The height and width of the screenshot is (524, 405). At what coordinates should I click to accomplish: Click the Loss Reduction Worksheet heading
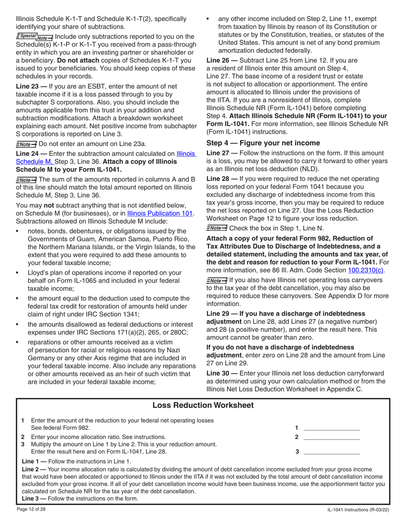[203, 405]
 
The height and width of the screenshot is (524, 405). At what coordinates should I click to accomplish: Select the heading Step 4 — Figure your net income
[263, 143]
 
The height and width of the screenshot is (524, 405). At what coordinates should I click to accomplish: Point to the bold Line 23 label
[30, 86]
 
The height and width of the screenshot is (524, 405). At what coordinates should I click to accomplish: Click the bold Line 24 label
[30, 154]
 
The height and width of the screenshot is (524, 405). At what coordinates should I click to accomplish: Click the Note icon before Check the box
[217, 228]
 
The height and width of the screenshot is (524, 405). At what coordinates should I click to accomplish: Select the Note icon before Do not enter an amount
[26, 144]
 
